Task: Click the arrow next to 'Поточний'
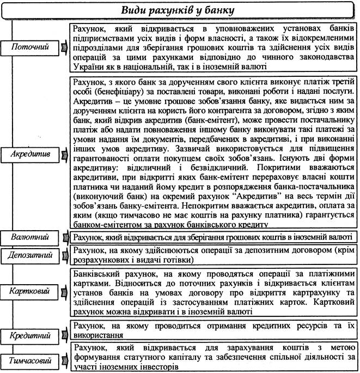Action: pyautogui.click(x=64, y=48)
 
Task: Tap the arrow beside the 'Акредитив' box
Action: pyautogui.click(x=64, y=154)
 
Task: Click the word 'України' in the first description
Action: pyautogui.click(x=88, y=67)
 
